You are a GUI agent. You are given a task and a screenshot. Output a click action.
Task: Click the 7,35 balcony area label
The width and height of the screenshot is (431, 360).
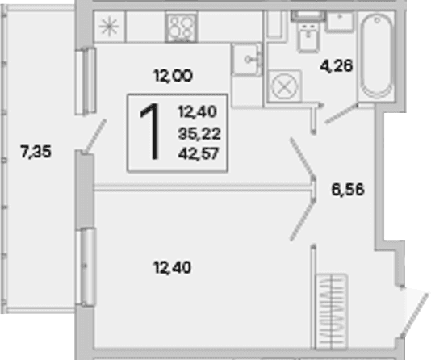pos(36,152)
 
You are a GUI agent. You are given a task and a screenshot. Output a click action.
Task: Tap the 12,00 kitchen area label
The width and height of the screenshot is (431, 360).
pos(173,76)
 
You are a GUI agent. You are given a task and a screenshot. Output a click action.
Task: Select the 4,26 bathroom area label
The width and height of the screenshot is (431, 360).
pos(337,66)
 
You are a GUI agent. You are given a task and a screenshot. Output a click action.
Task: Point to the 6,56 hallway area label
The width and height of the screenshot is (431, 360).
pos(348,190)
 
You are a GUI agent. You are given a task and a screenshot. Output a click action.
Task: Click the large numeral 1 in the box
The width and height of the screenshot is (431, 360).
pos(151,132)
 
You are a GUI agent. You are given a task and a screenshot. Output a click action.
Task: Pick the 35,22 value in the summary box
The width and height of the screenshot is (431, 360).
pos(199,134)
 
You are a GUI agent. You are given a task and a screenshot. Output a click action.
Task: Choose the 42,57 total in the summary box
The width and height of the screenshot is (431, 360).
pos(199,153)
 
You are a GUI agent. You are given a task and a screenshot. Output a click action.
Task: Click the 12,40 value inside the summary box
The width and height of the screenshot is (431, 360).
pos(198,112)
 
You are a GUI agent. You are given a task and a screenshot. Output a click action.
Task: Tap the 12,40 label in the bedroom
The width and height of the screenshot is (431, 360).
pos(172,267)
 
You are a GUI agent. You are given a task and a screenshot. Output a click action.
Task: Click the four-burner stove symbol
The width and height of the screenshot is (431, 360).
pos(181,27)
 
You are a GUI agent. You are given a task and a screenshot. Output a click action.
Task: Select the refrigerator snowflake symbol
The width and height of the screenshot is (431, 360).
pos(109,27)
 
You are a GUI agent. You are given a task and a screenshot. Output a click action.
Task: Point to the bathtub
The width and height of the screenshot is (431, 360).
pos(377,57)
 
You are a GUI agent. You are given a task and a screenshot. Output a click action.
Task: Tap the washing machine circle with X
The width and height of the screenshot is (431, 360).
pos(284,86)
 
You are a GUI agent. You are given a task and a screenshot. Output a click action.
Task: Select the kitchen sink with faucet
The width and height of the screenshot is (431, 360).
pos(246,59)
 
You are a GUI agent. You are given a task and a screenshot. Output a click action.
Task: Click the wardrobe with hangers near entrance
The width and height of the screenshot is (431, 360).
pos(332,312)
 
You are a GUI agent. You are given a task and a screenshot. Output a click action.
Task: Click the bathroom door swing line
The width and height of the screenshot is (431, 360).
pos(341,114)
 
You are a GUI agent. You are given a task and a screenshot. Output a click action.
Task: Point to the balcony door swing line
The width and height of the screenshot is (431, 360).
pos(95,136)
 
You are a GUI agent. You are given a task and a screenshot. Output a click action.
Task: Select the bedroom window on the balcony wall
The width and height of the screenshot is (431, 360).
pos(86,267)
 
